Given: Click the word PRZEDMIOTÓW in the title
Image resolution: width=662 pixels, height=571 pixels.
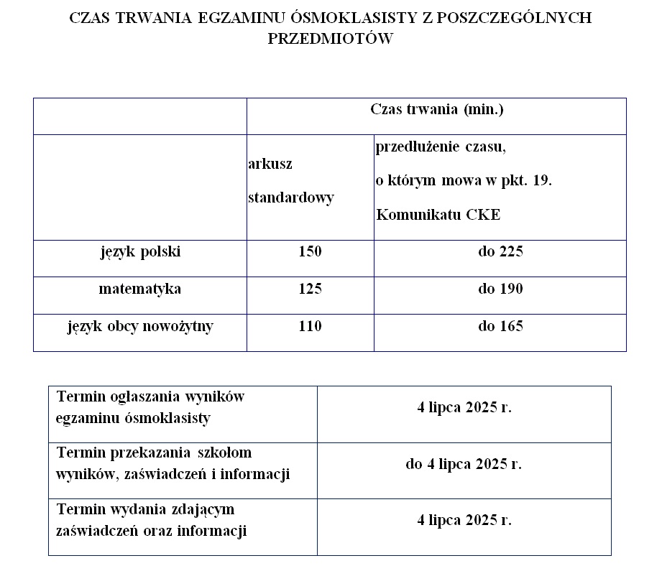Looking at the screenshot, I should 331,39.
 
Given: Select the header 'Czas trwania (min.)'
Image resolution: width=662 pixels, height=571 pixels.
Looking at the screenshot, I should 436,110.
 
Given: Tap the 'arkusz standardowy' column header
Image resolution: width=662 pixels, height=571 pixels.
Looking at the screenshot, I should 290,181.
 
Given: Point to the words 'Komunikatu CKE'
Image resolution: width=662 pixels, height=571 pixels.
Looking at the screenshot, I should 438,215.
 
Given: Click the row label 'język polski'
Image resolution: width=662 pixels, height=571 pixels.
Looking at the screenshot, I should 140,252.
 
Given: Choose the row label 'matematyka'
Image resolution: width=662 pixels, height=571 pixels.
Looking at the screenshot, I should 140,289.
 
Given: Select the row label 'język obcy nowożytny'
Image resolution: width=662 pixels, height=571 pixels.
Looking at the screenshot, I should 140,327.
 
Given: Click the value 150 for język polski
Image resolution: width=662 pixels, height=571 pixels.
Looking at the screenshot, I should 310,252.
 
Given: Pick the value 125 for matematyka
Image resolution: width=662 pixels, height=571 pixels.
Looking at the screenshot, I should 310,289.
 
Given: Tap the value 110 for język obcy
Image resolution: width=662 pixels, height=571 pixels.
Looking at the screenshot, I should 310,327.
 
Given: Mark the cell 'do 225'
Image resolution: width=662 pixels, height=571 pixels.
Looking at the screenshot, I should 500,252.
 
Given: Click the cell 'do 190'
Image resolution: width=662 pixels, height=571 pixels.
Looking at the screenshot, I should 500,289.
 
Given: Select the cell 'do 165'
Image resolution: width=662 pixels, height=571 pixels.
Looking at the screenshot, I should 500,327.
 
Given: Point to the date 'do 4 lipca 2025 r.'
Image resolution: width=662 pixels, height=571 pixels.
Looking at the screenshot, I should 464,464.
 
